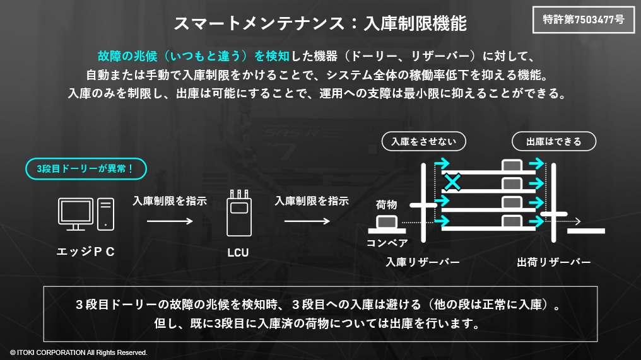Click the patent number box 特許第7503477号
(584, 20)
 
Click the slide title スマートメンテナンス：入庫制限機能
(320, 24)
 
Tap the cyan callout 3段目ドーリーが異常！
(86, 169)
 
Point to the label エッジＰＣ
(86, 252)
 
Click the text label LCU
(238, 253)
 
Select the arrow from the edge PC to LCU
(170, 221)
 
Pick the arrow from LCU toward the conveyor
(307, 221)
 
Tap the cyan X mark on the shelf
(452, 182)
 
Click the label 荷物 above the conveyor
(386, 204)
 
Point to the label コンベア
(387, 243)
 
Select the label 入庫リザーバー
(422, 262)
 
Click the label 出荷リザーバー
(553, 262)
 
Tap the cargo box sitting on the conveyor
(387, 222)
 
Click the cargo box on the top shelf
(512, 165)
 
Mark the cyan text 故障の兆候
(123, 55)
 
